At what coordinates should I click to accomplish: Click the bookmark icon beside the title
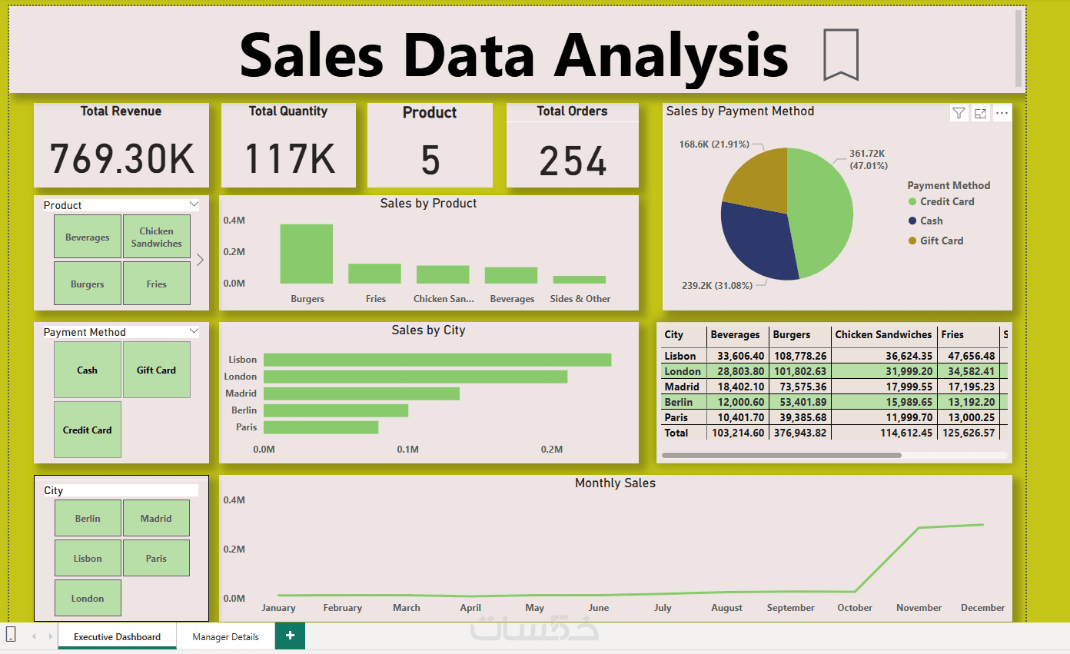click(x=841, y=55)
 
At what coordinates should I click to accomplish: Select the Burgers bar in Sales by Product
click(x=306, y=254)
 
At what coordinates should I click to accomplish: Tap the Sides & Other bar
click(x=579, y=280)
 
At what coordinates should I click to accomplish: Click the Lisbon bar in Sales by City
click(x=437, y=360)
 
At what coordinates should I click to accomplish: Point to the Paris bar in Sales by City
click(x=321, y=427)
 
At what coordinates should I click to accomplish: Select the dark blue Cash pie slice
click(x=757, y=241)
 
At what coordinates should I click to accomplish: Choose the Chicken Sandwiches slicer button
click(x=157, y=237)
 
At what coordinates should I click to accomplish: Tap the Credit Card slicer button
click(x=88, y=430)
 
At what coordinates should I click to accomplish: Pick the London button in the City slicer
click(x=88, y=598)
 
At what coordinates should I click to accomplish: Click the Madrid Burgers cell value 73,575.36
click(x=799, y=387)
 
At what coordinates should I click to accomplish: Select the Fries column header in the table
click(x=952, y=334)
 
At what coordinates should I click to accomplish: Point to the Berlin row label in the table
click(x=678, y=402)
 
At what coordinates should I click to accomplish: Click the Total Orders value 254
click(x=573, y=161)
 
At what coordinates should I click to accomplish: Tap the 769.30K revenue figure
click(x=121, y=158)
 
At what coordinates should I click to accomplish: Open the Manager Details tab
click(x=225, y=636)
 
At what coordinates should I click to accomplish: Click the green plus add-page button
click(x=290, y=636)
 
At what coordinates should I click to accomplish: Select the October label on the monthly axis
click(x=855, y=608)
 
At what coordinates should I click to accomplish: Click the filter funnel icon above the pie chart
click(x=959, y=113)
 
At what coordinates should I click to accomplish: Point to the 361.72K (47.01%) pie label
click(x=868, y=160)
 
